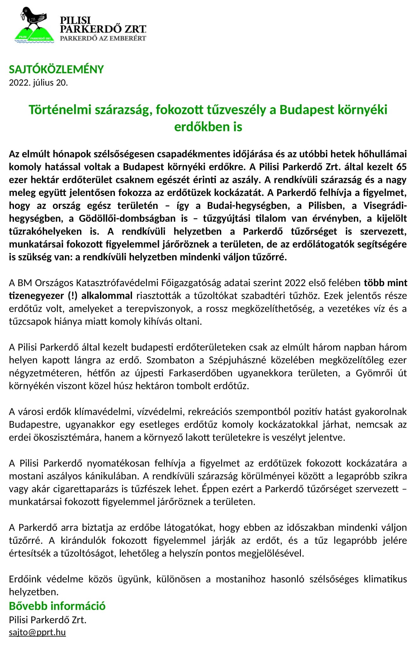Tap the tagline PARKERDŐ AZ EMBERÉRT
[103, 38]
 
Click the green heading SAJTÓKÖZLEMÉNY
[56, 69]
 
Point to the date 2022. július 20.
[38, 83]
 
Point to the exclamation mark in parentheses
[72, 296]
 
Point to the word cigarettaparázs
[86, 489]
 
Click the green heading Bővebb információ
[57, 606]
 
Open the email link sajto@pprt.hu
[37, 632]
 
